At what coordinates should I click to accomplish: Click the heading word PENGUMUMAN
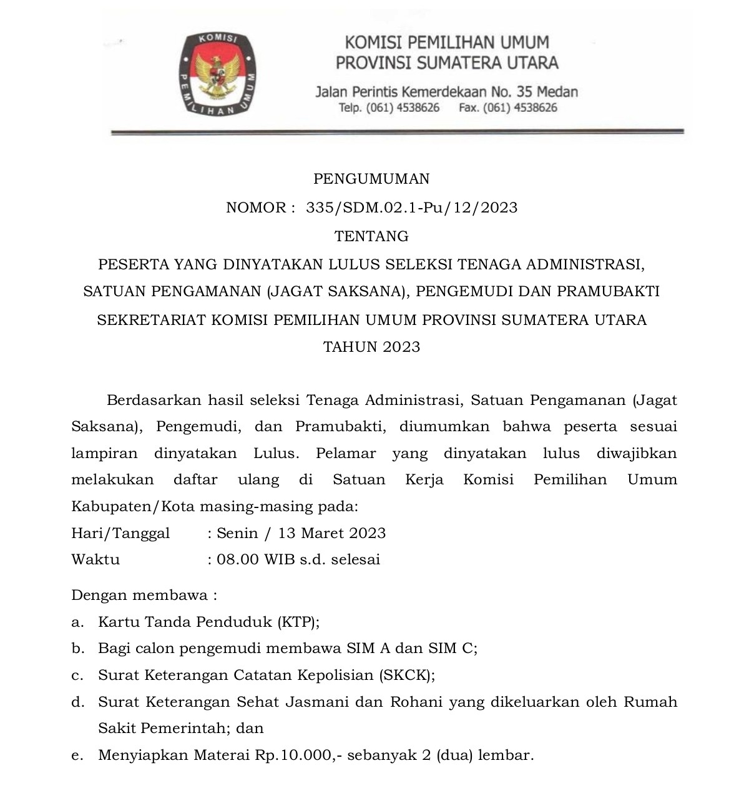point(371,179)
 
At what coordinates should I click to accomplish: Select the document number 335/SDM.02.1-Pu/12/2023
point(412,208)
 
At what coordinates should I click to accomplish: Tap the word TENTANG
point(371,237)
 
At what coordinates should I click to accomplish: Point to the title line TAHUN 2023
point(371,347)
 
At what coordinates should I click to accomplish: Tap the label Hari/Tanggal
point(120,534)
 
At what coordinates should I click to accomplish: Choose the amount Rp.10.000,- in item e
point(298,756)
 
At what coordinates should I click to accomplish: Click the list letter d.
point(77,702)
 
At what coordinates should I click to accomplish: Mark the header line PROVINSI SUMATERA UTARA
point(447,63)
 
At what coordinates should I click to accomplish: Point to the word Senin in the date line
point(237,534)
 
